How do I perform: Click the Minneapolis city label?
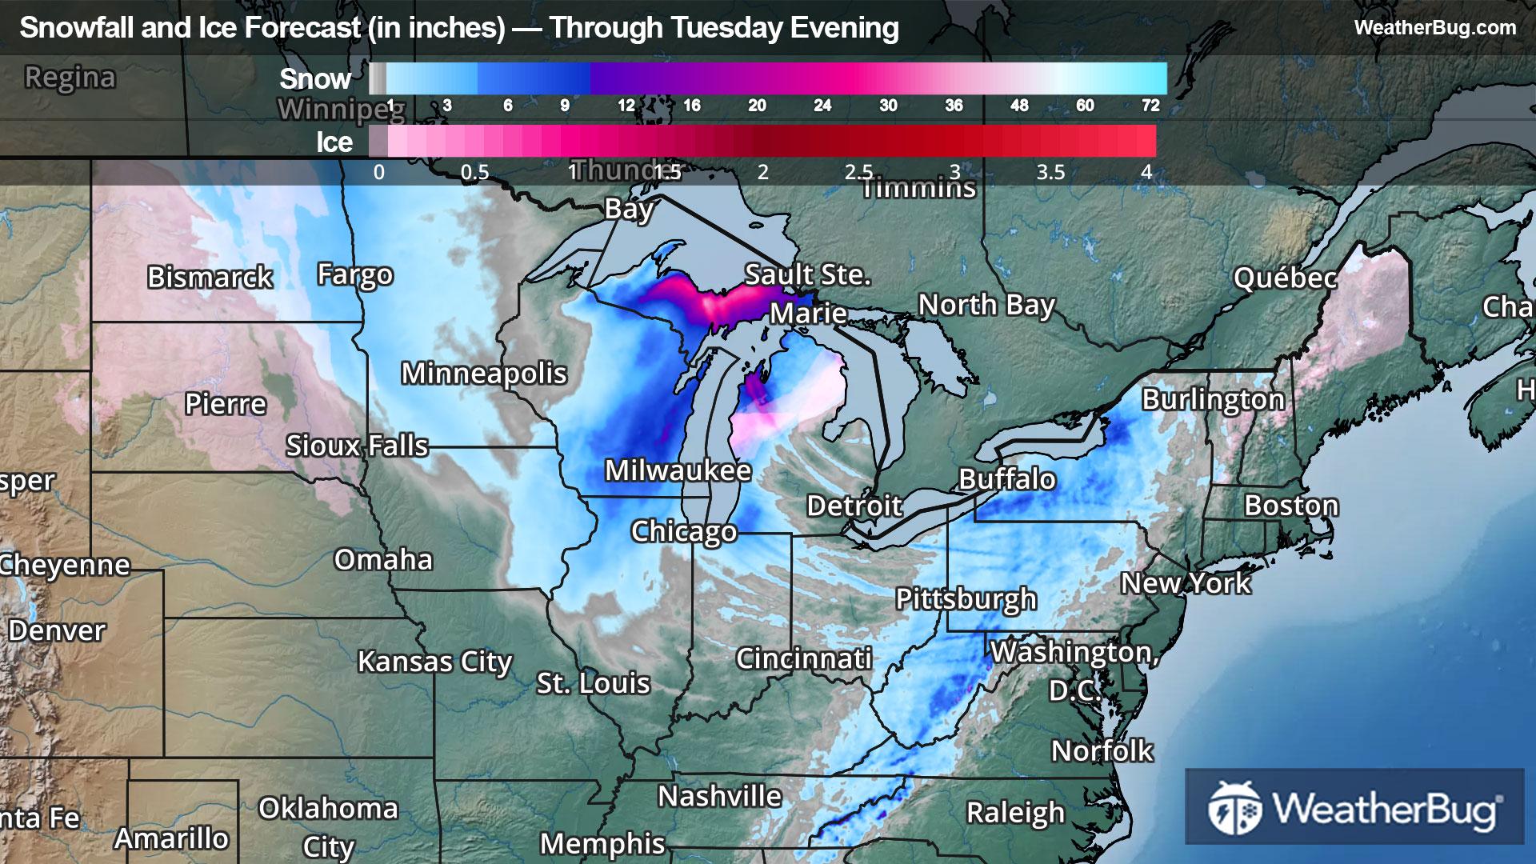point(484,374)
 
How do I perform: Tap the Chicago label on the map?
point(683,531)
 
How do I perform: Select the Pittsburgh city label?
point(966,598)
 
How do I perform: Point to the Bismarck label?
point(210,277)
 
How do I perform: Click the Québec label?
point(1285,278)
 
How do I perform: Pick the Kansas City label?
point(434,662)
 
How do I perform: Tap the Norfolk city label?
point(1102,750)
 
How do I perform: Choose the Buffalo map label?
point(1007,479)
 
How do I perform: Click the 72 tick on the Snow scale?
point(1150,106)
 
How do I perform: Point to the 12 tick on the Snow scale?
point(626,106)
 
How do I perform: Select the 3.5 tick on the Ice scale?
point(1050,172)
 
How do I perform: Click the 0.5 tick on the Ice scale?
point(474,172)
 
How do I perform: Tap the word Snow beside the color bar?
point(315,78)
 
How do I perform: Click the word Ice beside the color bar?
point(334,142)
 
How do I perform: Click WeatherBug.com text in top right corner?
point(1434,27)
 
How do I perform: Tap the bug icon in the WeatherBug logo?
point(1234,807)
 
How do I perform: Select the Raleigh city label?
point(1015,812)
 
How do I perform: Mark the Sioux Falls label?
point(357,445)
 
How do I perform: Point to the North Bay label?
point(986,305)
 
